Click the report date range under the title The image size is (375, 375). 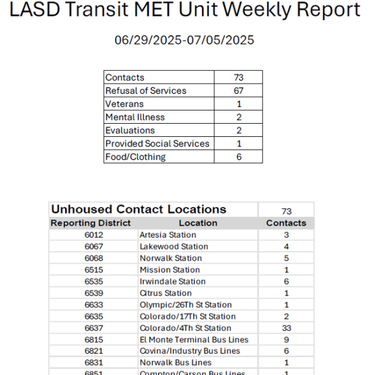[x=184, y=41]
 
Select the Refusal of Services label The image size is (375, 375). [x=146, y=91]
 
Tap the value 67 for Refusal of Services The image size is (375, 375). [x=238, y=91]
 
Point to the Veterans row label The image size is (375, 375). [x=124, y=104]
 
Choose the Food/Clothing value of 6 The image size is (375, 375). [x=238, y=156]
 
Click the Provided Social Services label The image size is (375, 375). [x=157, y=143]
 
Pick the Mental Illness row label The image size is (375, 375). [x=135, y=117]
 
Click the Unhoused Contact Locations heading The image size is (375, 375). [x=139, y=209]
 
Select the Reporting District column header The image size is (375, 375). [x=91, y=222]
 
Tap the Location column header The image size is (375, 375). [x=197, y=222]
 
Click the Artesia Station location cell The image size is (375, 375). [x=167, y=235]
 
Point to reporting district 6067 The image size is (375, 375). [x=94, y=246]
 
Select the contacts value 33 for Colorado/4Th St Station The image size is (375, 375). [x=286, y=328]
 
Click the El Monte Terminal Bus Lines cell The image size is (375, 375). [x=194, y=339]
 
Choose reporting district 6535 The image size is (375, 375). [x=94, y=281]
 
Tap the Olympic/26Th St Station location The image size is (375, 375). [x=185, y=304]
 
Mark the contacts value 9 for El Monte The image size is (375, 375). [x=286, y=339]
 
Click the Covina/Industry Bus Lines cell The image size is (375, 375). [x=189, y=351]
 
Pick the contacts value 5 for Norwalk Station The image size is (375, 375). [x=286, y=258]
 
